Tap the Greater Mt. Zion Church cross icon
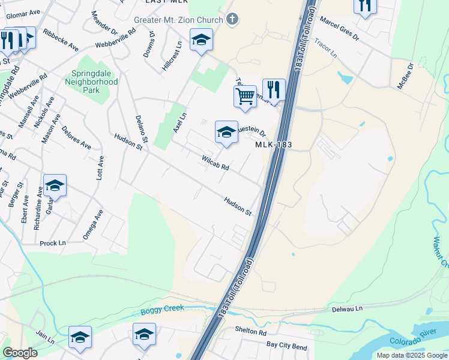tap(233, 20)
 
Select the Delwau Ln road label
tap(348, 309)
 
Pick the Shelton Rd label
tap(250, 332)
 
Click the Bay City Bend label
tap(287, 346)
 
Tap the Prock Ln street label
tap(53, 243)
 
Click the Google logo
tap(20, 353)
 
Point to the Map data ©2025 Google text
tap(412, 355)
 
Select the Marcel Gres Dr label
tap(339, 29)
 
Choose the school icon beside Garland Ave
tap(55, 185)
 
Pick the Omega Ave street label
tap(93, 224)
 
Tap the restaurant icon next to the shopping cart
tap(274, 90)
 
